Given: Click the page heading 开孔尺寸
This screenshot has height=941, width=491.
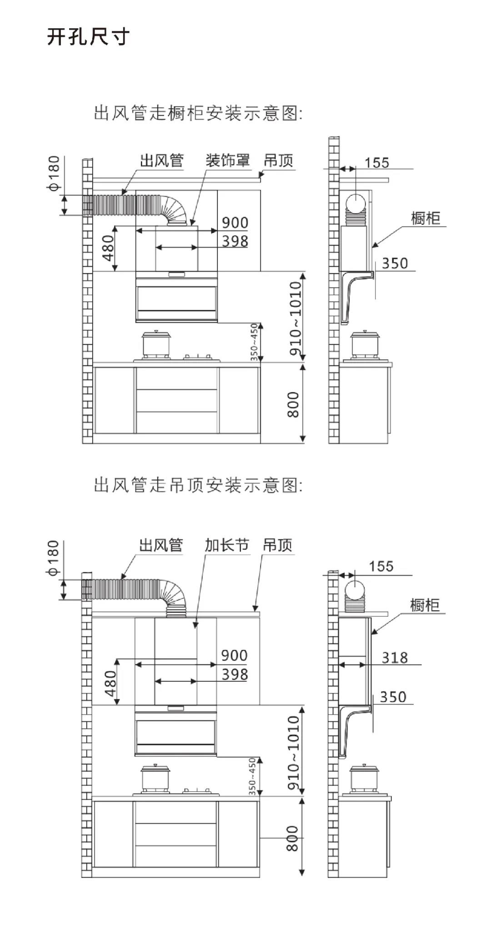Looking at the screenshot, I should coord(88,37).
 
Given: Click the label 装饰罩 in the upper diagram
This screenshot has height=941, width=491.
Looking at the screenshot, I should coord(227,161).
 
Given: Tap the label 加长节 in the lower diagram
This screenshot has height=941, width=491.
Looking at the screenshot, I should coord(226,545).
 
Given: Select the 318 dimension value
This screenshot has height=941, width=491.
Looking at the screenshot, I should coord(394,658).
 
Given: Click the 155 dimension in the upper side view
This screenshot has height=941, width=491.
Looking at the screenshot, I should coord(376,163).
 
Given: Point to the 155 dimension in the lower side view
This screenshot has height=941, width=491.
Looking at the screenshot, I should coord(381,567).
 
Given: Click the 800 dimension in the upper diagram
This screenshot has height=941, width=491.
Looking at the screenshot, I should coord(293,404).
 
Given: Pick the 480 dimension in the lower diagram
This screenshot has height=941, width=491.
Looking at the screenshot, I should coord(110,683).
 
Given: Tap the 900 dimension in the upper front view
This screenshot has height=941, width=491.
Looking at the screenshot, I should coord(235,223).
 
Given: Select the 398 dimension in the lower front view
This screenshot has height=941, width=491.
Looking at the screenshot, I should coord(235,674).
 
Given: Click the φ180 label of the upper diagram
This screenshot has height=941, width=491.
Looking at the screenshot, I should coord(54,173).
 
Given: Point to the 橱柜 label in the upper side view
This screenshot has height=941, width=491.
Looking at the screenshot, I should coord(426,218).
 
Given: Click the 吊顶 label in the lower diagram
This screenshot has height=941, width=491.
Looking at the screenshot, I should coord(277,545).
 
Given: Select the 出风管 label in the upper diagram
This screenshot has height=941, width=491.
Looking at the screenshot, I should coord(161,161).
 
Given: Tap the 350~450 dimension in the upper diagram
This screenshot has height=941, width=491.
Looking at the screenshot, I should coord(254,342).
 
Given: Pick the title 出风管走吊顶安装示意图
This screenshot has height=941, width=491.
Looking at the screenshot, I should coord(198,485).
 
